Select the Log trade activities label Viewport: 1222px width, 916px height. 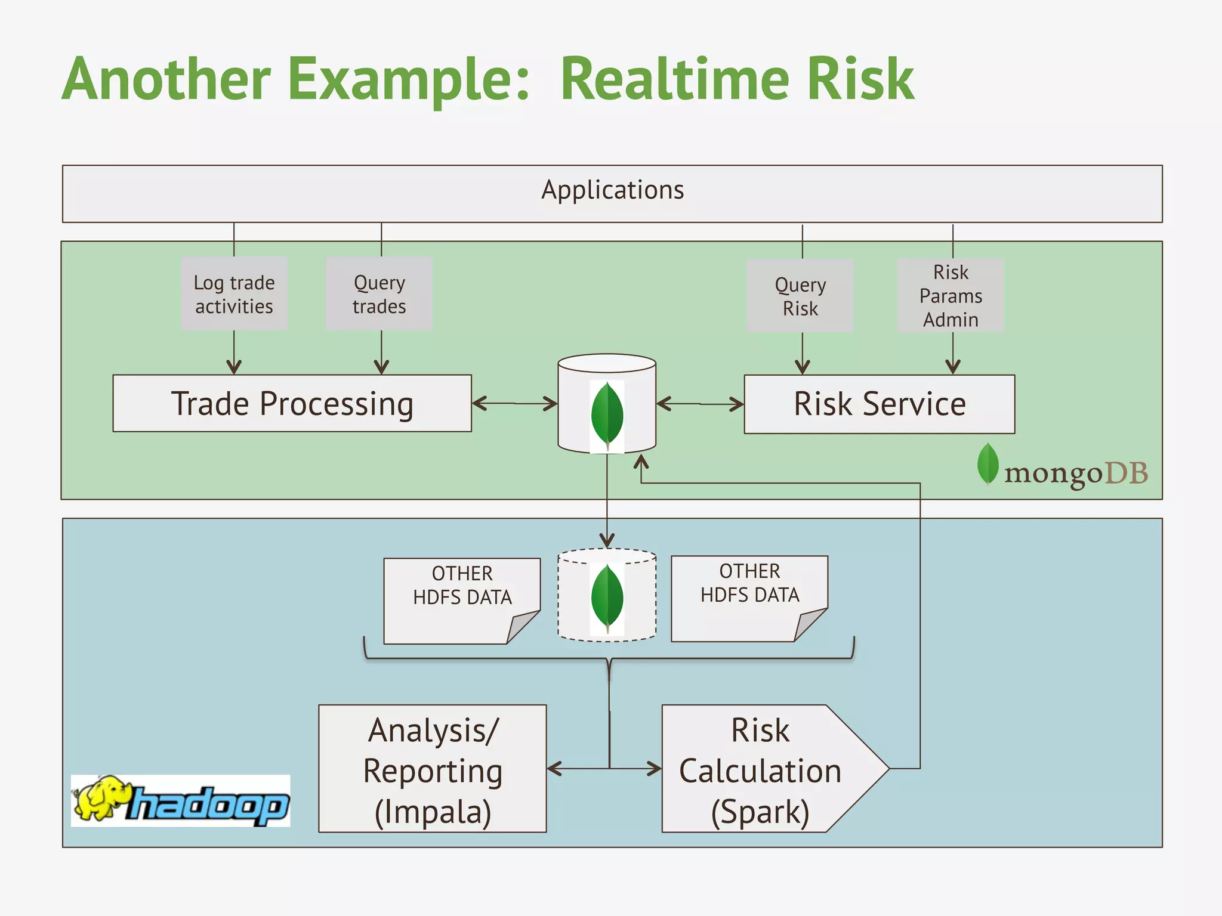coord(234,294)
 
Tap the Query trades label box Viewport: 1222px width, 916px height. coord(379,294)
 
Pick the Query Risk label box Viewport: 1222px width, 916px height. coord(800,296)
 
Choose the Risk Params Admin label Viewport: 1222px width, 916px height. coord(951,296)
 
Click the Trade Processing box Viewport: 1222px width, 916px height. coord(292,404)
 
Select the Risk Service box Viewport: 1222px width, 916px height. coord(879,404)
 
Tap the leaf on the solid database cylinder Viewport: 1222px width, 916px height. coord(607,415)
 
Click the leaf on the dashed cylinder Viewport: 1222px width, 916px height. coord(607,598)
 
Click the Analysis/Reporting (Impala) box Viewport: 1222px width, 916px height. coord(433,769)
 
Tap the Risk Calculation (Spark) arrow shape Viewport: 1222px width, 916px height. coord(761,769)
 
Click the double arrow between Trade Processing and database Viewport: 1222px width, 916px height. coord(514,404)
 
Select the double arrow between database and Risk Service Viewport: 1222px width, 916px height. coord(700,404)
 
